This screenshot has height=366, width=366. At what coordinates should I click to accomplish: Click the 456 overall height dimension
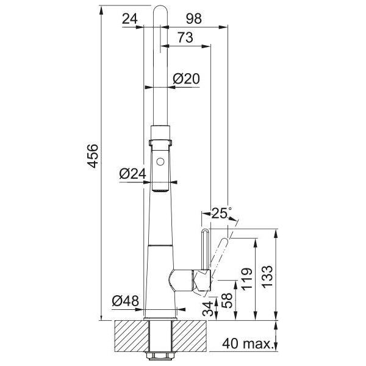coord(93,156)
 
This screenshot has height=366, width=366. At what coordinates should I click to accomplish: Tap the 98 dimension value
coord(194,18)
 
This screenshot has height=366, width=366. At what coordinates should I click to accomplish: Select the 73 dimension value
coord(185,38)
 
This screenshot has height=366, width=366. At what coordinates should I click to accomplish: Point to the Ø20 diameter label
coord(186,79)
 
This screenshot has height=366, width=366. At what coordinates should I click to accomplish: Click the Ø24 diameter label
coord(132,174)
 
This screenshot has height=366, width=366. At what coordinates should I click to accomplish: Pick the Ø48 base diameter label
coord(125,301)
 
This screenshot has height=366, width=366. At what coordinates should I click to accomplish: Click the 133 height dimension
coord(268,277)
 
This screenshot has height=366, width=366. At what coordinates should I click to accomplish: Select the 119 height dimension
coord(246,279)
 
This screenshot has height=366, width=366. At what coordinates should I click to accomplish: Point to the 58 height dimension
coord(227,300)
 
